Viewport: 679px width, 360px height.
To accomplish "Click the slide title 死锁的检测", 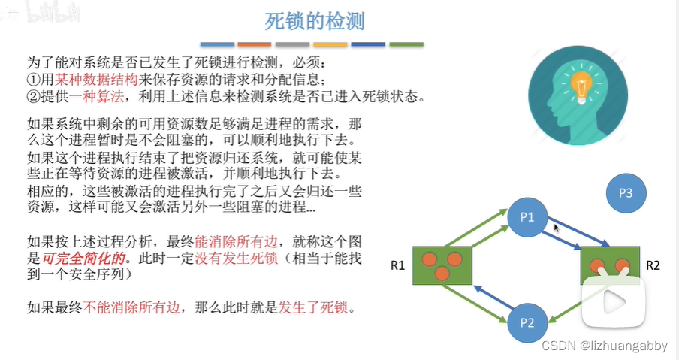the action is point(315,20).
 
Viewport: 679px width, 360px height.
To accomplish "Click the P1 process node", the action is point(526,217).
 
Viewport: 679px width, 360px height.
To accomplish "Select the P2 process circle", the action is point(527,324).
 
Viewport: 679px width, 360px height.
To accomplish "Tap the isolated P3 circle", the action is point(626,193).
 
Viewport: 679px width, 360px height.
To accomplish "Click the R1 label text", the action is point(398,265).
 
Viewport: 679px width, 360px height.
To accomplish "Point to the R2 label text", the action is point(653,265).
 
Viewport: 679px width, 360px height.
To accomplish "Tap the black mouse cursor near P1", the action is point(557,226).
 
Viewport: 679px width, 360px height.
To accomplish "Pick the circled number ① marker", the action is point(32,79).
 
